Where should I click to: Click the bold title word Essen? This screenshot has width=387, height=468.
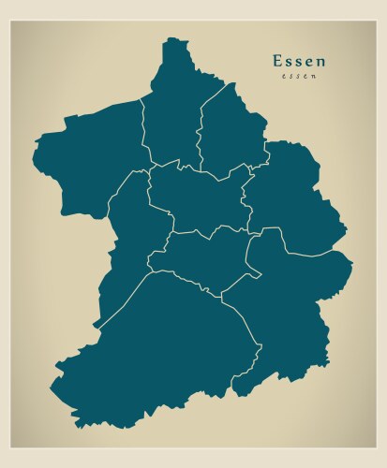point(300,61)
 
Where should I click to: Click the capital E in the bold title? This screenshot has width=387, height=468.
point(277,61)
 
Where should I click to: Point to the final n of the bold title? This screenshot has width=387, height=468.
point(322,62)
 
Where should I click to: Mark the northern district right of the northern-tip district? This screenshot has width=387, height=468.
point(230,131)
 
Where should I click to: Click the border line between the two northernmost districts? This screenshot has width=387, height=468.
point(200,131)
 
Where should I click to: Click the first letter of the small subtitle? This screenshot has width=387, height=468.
point(282,77)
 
